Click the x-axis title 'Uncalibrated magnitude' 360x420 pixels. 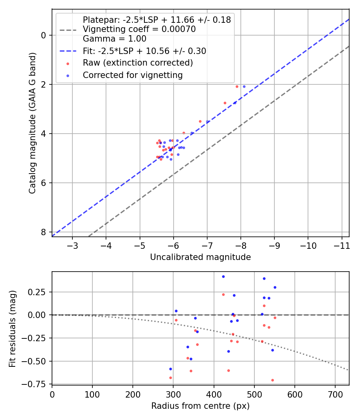(x=200, y=257)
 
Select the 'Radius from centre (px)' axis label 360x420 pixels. (x=200, y=406)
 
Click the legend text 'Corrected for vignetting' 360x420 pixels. (x=132, y=75)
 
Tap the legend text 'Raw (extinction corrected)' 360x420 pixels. (x=138, y=63)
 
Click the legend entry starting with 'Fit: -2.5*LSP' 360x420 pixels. (x=144, y=51)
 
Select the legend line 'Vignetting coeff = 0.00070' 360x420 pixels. (x=139, y=29)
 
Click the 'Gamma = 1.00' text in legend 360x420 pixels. (x=114, y=39)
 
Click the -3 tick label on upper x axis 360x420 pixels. (x=72, y=245)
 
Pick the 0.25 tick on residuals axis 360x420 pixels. (x=40, y=292)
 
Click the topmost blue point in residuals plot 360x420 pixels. (x=223, y=276)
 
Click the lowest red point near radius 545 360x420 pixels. (x=272, y=380)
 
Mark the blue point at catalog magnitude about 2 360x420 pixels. (x=244, y=86)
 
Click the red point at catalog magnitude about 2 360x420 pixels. (x=237, y=86)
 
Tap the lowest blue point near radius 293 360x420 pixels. (x=170, y=369)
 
